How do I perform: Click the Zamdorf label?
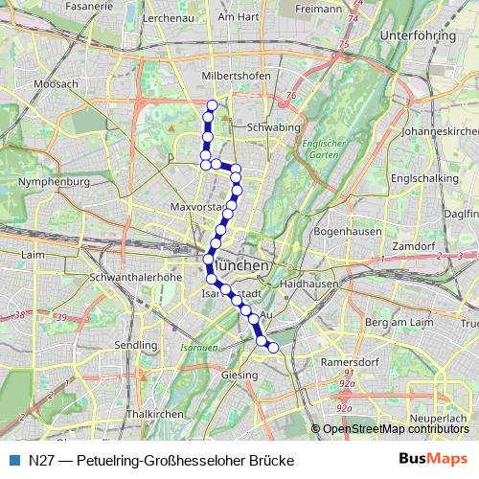pyautogui.click(x=413, y=246)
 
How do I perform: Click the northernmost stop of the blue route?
pyautogui.click(x=212, y=105)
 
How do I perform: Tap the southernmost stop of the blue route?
pyautogui.click(x=272, y=347)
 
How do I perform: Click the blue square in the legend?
pyautogui.click(x=13, y=460)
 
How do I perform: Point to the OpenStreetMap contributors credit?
pyautogui.click(x=396, y=428)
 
